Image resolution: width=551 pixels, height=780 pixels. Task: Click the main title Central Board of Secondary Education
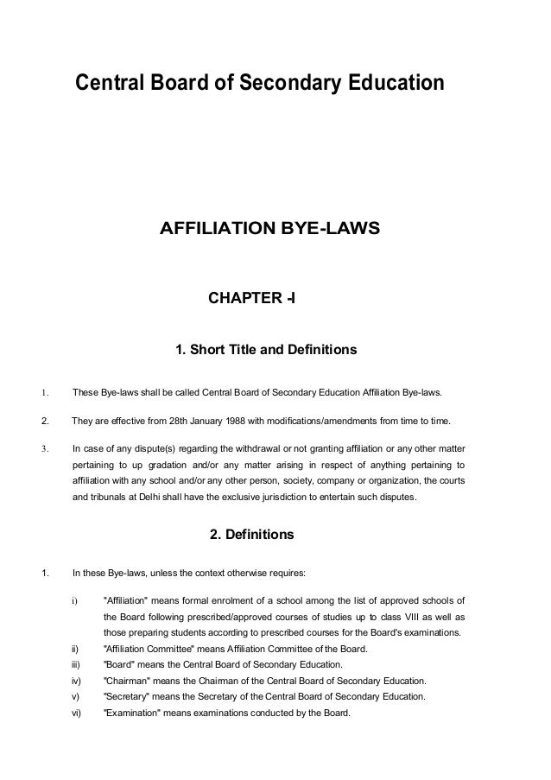click(260, 84)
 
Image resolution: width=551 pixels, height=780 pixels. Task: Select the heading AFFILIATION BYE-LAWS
click(269, 230)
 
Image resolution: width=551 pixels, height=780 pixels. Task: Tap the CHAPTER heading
click(252, 299)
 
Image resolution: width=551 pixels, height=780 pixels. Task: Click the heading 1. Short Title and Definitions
click(266, 352)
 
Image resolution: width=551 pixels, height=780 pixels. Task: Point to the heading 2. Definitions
click(252, 536)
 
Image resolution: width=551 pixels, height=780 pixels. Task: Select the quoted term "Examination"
click(133, 713)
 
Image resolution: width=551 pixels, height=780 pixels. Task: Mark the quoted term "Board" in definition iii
click(120, 665)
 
